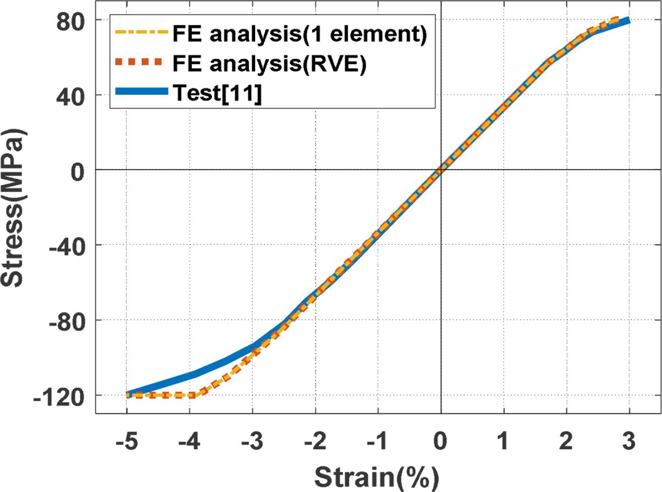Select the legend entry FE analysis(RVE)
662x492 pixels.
click(268, 65)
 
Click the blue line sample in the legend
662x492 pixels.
click(140, 94)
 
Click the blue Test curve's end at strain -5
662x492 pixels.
click(127, 394)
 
